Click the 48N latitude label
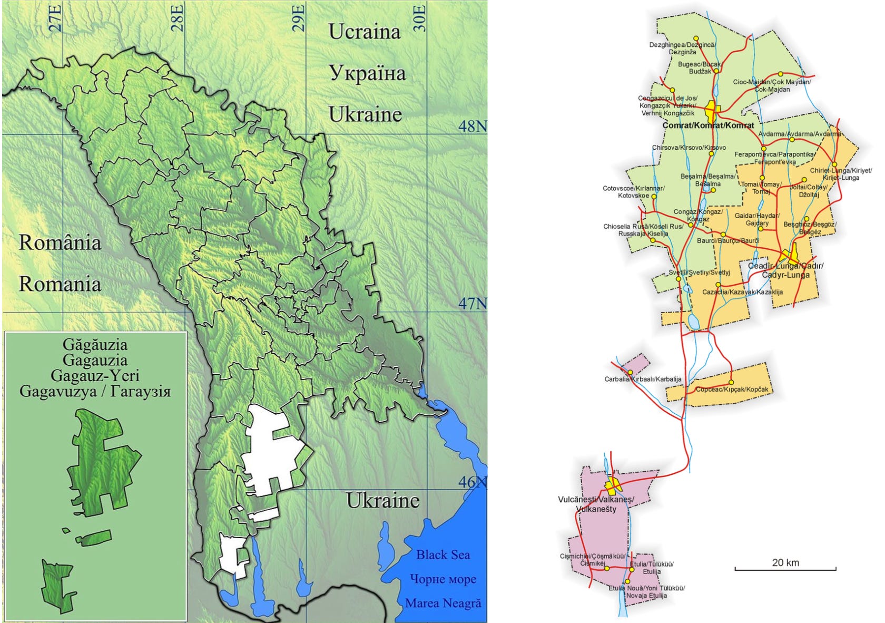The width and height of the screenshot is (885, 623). (472, 126)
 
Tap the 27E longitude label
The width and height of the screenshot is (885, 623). (56, 17)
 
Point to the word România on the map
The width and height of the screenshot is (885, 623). (60, 243)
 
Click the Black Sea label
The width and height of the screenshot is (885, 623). (442, 554)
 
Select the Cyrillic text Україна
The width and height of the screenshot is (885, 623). (367, 73)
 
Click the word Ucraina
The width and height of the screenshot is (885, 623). (365, 32)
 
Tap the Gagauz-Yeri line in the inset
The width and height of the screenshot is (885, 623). (95, 376)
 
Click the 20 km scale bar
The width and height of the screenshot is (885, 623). (785, 569)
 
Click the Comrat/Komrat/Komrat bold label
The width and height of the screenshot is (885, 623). (708, 125)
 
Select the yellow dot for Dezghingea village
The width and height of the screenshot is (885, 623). (696, 38)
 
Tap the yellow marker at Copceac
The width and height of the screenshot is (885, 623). (731, 382)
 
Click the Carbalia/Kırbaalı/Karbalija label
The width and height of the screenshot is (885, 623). (643, 379)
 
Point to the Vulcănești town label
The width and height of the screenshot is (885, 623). (596, 504)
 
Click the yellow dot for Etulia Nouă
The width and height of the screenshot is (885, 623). (627, 582)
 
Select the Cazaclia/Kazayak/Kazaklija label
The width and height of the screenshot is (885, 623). (742, 292)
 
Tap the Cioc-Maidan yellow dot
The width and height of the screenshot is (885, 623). (781, 74)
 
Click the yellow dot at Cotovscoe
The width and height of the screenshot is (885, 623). (654, 196)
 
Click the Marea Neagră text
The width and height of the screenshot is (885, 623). (442, 603)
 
